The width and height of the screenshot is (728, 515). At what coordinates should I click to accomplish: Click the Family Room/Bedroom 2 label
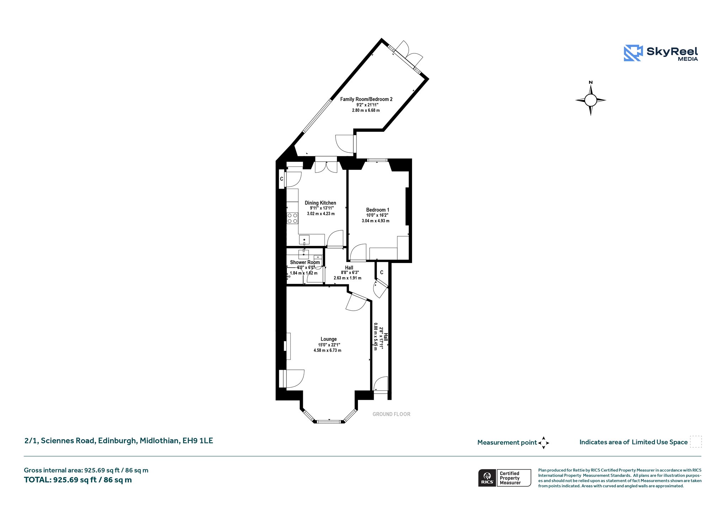tap(366, 99)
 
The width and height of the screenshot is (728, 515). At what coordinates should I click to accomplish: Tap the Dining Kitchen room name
tap(320, 203)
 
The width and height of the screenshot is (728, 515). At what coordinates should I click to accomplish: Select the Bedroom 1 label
tap(378, 210)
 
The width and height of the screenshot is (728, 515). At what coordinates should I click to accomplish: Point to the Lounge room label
tap(328, 339)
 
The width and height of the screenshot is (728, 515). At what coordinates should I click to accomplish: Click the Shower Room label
tap(305, 262)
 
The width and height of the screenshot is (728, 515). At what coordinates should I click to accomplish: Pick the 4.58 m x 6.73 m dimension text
tap(327, 350)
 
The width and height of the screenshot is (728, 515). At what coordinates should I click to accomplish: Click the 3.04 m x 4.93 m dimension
tap(375, 221)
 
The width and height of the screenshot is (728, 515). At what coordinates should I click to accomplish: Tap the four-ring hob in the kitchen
tap(293, 218)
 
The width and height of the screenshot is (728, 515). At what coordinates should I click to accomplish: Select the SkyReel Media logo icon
tap(633, 53)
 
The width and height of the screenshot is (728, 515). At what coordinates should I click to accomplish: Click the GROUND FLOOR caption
tap(391, 414)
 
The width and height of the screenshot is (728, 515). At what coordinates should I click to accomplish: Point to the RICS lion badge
tap(487, 478)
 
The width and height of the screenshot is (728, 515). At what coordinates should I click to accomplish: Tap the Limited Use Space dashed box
tap(696, 442)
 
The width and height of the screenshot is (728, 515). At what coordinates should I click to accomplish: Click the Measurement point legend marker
tap(544, 443)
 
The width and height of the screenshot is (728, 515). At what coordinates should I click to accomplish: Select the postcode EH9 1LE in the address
tap(198, 441)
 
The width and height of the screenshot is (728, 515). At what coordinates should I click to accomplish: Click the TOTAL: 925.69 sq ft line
tap(78, 480)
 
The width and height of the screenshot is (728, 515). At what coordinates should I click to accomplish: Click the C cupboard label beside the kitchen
tap(282, 179)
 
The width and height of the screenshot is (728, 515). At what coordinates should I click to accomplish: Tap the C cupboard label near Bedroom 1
tap(382, 272)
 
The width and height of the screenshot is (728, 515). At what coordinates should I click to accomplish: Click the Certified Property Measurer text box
tap(514, 478)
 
